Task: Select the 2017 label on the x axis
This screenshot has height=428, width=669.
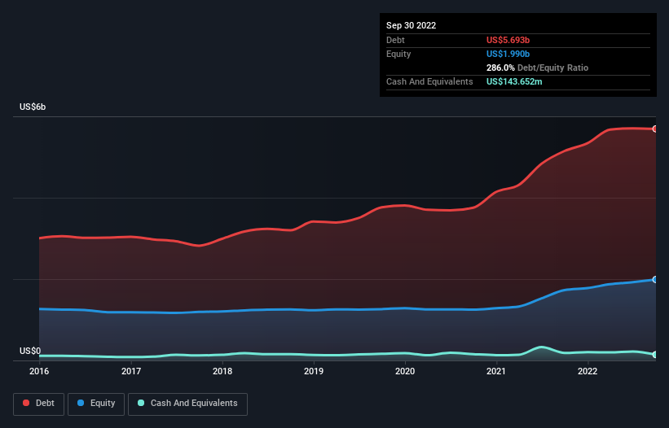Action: tap(131, 372)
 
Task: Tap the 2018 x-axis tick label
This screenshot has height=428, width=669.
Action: tap(222, 372)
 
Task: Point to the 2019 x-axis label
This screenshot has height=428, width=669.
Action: tap(314, 372)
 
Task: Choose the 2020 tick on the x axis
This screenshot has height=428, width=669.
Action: tap(406, 372)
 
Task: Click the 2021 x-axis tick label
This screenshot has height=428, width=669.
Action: tap(497, 372)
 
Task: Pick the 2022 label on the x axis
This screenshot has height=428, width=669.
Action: tap(588, 372)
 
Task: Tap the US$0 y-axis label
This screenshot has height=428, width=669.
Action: tap(30, 351)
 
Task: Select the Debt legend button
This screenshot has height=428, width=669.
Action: tap(37, 404)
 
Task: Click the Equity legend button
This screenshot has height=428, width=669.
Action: tap(96, 404)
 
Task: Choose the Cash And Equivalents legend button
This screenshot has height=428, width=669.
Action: tap(187, 404)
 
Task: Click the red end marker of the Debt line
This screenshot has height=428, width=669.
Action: tap(654, 129)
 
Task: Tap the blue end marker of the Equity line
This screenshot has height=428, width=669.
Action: tap(654, 279)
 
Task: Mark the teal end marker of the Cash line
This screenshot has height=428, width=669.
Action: tap(654, 354)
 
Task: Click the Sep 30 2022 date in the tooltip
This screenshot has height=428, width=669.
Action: tap(412, 25)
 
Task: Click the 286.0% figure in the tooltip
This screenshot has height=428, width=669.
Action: tap(500, 68)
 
